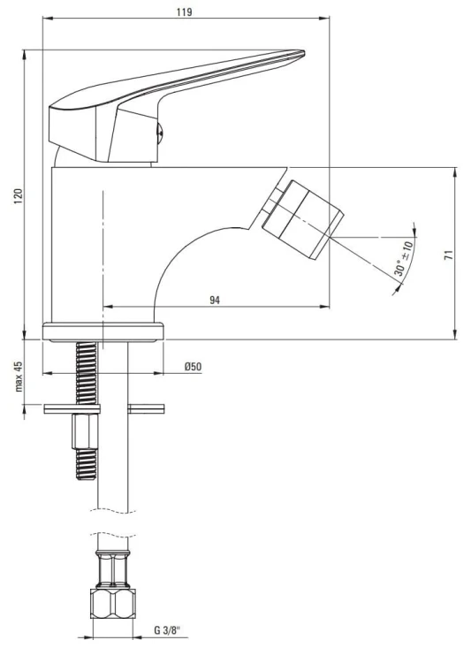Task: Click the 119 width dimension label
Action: point(184,11)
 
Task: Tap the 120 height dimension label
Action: point(18,196)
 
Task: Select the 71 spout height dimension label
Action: point(449,255)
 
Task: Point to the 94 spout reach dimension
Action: point(215,301)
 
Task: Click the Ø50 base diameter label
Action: point(193,367)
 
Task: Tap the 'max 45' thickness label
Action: point(19,377)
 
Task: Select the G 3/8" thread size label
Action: point(167,630)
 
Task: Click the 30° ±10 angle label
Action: point(403,258)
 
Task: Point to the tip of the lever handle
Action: point(304,53)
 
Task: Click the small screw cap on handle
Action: point(160,133)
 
